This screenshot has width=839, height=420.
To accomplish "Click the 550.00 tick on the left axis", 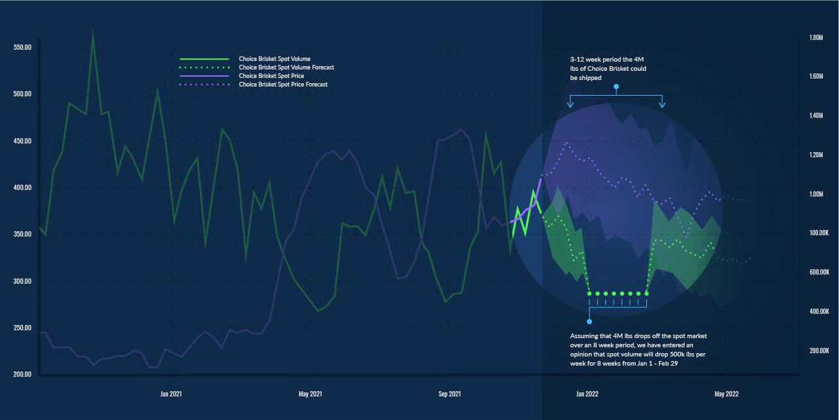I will pos(22,48).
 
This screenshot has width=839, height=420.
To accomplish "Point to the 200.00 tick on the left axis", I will pos(22,374).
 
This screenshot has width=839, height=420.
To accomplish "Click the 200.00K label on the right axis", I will pos(819,351).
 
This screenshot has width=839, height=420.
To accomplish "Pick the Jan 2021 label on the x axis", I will pos(171,394).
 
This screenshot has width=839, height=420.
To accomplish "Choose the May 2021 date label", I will pos(310,394).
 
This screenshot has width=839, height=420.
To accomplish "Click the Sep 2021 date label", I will pos(449,394).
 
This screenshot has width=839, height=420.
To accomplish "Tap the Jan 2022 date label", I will pos(587,394).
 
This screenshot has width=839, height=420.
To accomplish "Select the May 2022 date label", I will pos(726,394).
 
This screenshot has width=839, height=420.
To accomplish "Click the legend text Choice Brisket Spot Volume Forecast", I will pos(286,67).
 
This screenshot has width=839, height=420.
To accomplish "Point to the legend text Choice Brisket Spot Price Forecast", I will pos(283,85).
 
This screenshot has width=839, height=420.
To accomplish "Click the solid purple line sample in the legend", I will pos(204,76).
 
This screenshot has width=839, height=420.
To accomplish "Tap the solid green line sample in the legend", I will pos(204,59).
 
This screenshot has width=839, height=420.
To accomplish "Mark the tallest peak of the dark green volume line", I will pos(93,30).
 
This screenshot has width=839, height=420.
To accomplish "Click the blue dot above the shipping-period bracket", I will pos(616,86).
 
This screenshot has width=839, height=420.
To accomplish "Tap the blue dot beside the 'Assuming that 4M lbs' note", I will pos(589,322).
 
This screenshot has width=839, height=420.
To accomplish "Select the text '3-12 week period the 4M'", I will pos(607,60).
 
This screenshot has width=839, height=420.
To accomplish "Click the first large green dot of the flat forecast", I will pos(589,294).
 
